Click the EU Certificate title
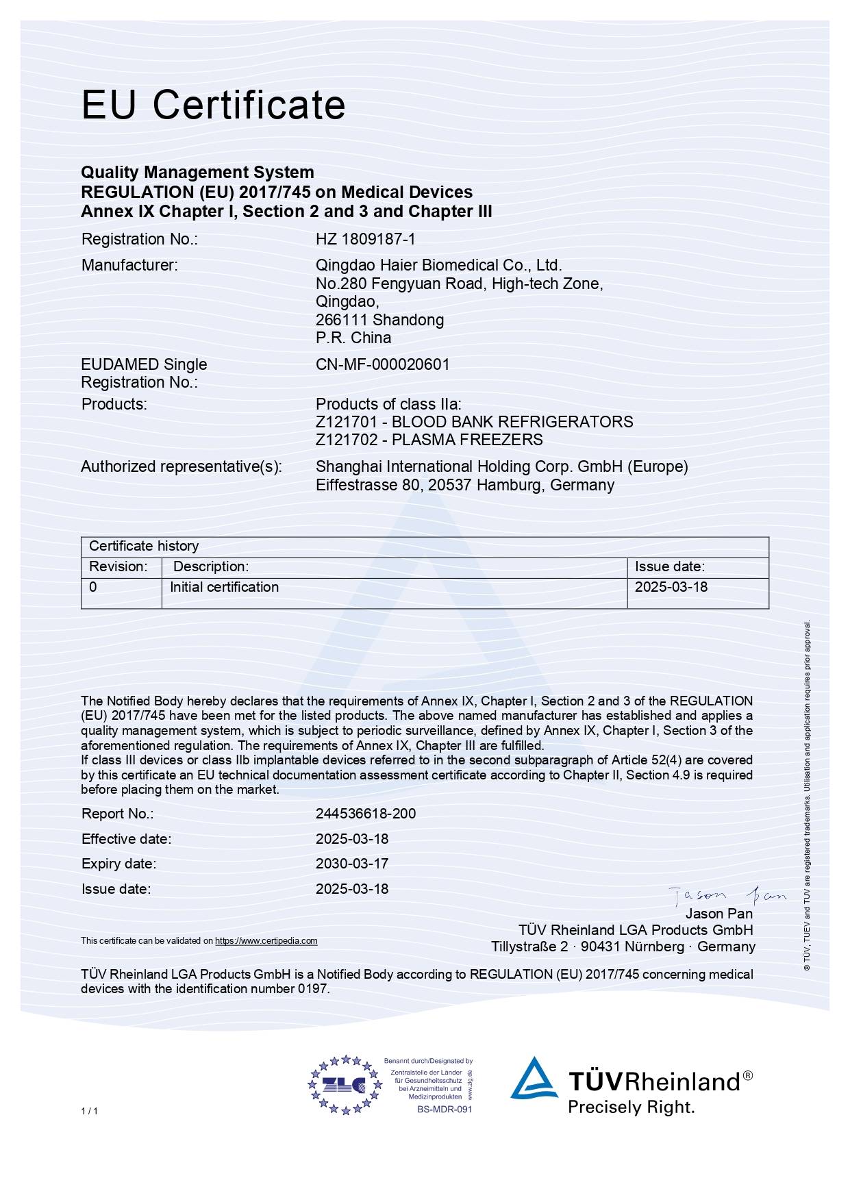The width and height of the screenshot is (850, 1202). [213, 105]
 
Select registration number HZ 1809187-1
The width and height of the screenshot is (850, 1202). [365, 239]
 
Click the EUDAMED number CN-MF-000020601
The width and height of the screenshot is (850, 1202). [382, 364]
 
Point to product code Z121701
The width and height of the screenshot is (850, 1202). [346, 422]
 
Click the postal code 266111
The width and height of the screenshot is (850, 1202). [341, 320]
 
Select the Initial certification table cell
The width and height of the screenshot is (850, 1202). [224, 587]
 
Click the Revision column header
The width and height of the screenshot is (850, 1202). [118, 566]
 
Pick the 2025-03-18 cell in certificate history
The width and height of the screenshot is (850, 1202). [671, 587]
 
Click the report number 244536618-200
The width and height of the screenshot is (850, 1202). [365, 814]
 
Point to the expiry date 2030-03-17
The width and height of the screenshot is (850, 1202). [351, 864]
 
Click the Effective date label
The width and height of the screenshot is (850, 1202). [126, 839]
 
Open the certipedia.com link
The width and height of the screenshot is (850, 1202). [266, 941]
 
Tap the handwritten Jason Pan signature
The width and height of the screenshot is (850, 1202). [727, 894]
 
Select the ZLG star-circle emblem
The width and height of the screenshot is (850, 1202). [344, 1084]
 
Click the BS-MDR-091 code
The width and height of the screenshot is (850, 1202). [445, 1109]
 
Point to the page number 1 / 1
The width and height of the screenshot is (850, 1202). [89, 1111]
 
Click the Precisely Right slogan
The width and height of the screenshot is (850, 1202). [631, 1107]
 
